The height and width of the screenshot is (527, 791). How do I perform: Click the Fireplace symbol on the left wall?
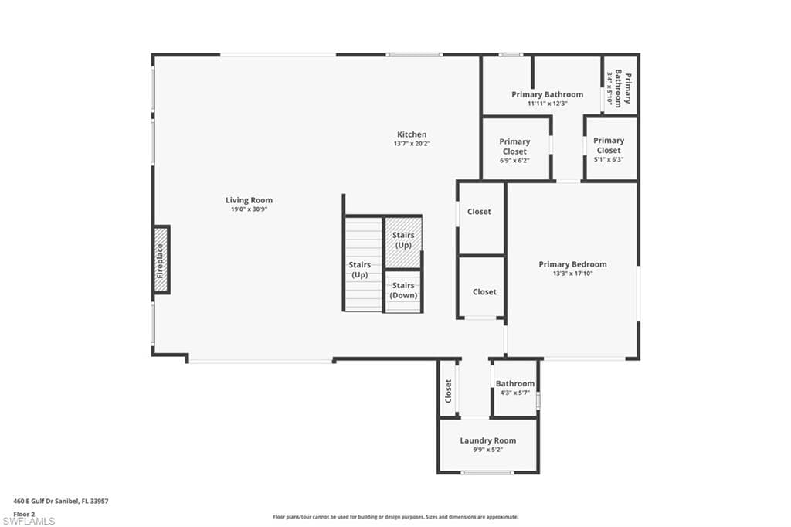pos(161,260)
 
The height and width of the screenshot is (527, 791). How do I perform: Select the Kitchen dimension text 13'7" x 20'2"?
pos(412,144)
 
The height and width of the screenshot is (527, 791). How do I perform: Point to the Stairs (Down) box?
pos(403,291)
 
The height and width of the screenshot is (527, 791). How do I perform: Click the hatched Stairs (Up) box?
pos(403,240)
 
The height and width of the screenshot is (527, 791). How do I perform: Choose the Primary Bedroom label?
pos(572,264)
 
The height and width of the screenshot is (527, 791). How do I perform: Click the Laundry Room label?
pos(487,440)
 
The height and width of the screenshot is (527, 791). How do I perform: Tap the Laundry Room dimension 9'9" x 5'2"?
pos(487,450)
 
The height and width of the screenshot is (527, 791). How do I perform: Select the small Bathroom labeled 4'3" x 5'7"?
pos(514,388)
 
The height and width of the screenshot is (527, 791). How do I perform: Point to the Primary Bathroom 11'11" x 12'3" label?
pos(547,98)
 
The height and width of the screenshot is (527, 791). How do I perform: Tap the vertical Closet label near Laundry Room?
pos(448,390)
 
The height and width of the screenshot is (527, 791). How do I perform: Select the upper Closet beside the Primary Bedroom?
pos(479,212)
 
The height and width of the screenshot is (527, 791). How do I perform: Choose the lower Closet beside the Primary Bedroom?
pos(484,292)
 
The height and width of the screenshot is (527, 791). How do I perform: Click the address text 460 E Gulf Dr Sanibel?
pos(61,501)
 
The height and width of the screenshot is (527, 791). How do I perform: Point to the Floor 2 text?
pos(25,513)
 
